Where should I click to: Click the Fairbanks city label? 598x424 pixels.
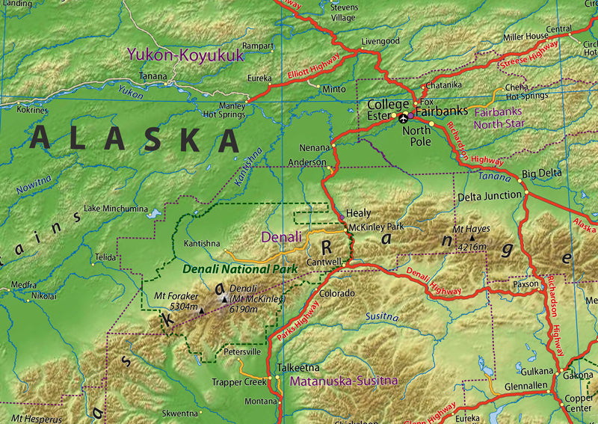pos(447,111)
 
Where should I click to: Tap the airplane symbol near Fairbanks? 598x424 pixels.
pos(404,117)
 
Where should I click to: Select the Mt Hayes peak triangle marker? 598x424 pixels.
pos(472,237)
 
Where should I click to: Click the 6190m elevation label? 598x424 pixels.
pos(244,309)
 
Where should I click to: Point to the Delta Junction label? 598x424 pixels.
pos(490,196)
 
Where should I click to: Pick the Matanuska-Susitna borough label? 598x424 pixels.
pos(343,381)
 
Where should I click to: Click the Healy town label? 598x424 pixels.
pos(358,213)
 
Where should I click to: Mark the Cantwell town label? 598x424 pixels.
pos(324,262)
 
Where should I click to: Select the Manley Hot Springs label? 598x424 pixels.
pos(224,110)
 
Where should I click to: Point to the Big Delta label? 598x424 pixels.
pos(542,173)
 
